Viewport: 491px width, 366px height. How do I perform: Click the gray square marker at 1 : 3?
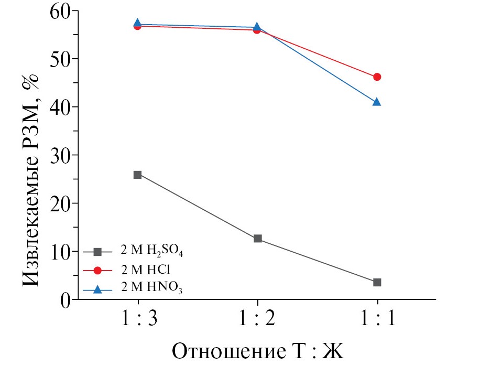(138, 175)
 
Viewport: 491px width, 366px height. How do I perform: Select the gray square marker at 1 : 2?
(257, 239)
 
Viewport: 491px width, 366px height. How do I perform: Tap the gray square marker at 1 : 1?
(377, 282)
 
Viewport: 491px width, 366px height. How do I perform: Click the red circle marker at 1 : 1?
(377, 77)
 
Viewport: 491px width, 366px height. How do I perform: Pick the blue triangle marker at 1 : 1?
(377, 102)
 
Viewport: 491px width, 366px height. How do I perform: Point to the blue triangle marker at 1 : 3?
(138, 23)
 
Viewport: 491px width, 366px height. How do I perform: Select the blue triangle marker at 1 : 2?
(257, 27)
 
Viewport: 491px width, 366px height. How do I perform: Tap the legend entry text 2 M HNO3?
(151, 287)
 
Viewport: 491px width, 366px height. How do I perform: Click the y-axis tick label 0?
(65, 300)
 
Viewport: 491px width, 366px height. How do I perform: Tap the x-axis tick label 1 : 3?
(138, 320)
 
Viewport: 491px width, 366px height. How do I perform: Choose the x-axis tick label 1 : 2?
(257, 320)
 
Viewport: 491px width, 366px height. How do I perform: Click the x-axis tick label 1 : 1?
(377, 320)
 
